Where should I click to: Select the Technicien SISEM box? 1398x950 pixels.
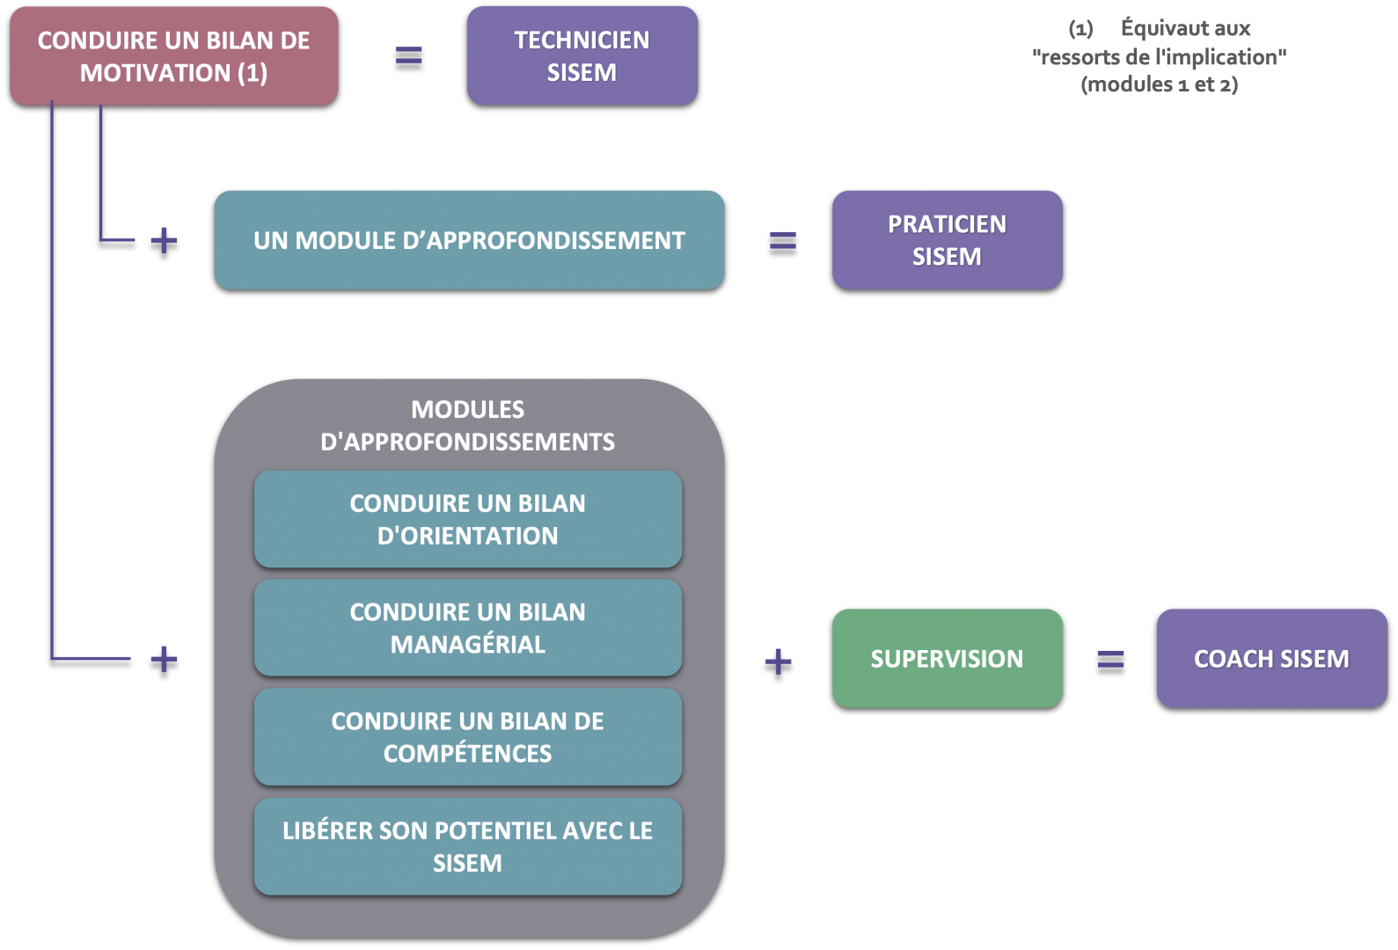tap(582, 55)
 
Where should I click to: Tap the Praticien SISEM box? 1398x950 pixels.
tap(947, 239)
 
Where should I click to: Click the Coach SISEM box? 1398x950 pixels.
tap(1271, 658)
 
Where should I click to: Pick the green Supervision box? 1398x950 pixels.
tap(947, 658)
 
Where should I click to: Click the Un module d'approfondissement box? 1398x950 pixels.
tap(469, 239)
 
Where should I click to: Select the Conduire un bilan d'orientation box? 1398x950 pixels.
tap(467, 519)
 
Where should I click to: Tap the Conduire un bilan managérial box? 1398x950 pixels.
tap(467, 627)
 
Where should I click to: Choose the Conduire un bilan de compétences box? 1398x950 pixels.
tap(467, 737)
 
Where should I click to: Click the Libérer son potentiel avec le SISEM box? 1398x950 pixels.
tap(467, 846)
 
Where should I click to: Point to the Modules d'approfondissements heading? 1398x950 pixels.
tap(467, 425)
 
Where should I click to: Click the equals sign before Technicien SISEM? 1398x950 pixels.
tap(408, 55)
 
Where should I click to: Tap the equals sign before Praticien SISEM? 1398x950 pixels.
tap(782, 239)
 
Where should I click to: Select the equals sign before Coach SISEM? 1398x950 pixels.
tap(1110, 658)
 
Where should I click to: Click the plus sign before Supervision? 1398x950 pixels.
tap(778, 661)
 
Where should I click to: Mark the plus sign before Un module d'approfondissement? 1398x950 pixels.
tap(164, 239)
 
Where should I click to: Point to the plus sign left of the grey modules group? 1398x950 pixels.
tap(164, 658)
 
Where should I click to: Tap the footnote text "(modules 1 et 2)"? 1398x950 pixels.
tap(1160, 84)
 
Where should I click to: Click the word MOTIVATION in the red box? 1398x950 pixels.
tap(156, 72)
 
